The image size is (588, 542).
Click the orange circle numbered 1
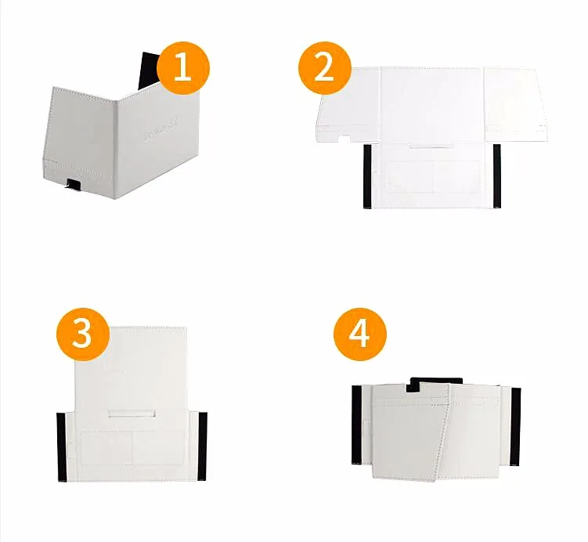[183, 68]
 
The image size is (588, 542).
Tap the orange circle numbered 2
[323, 68]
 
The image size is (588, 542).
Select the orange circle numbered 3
[82, 334]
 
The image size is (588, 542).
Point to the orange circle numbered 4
[360, 334]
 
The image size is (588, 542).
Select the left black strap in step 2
[366, 175]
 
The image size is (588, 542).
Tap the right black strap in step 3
[203, 446]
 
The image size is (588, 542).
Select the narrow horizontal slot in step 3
[131, 412]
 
